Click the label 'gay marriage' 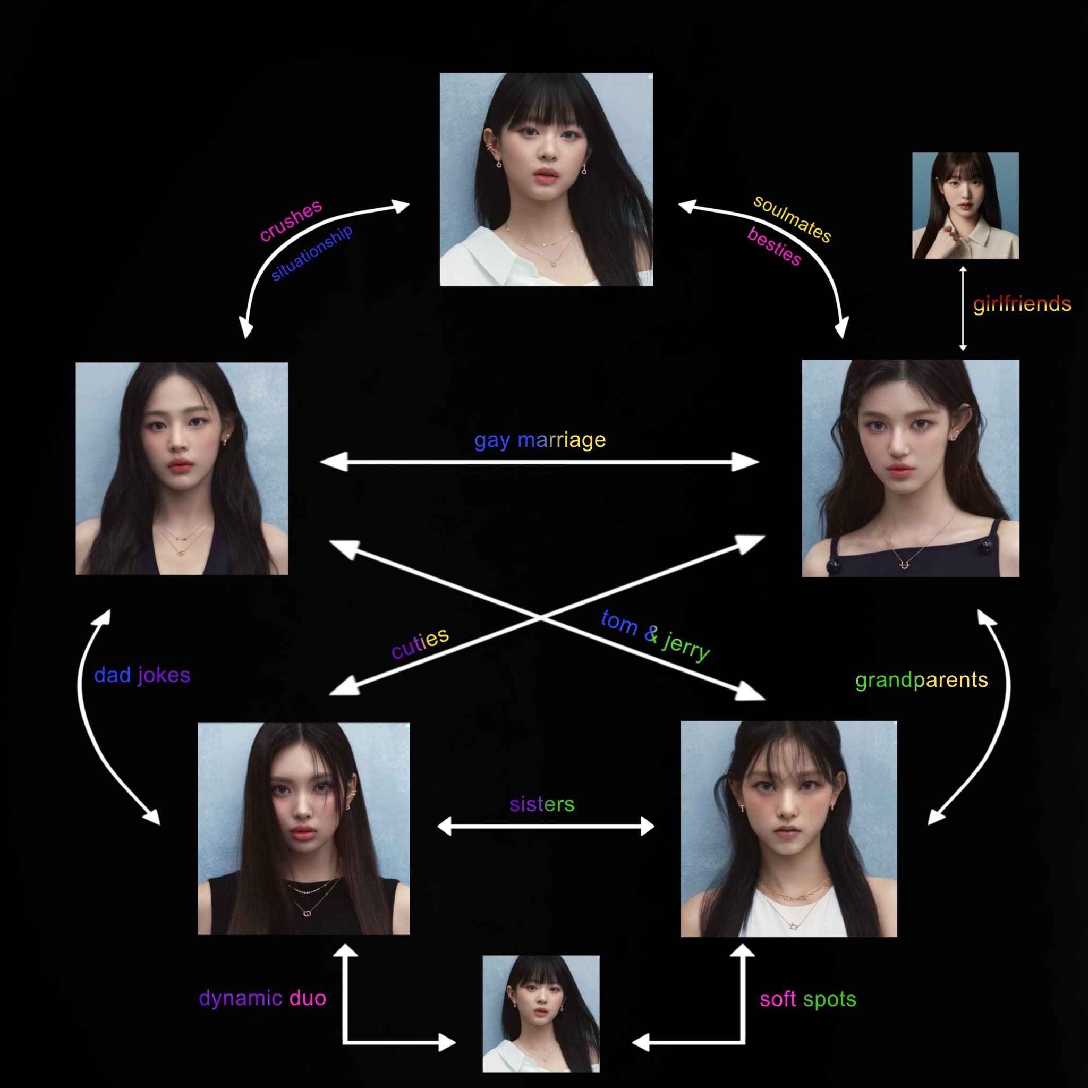pos(540,440)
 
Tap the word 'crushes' pos(291,219)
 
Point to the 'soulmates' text pos(792,218)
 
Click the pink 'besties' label pos(773,246)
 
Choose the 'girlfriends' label pos(1022,304)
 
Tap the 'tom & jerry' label pos(655,635)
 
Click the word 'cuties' pos(420,643)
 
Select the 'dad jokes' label pos(142,675)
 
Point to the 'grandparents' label pos(921,679)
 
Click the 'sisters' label pos(542,804)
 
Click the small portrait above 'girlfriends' pos(965,206)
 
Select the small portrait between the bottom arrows pos(541,1014)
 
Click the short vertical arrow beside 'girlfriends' pos(963,309)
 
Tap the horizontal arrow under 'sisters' pos(546,827)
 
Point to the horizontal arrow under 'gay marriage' pos(540,462)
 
